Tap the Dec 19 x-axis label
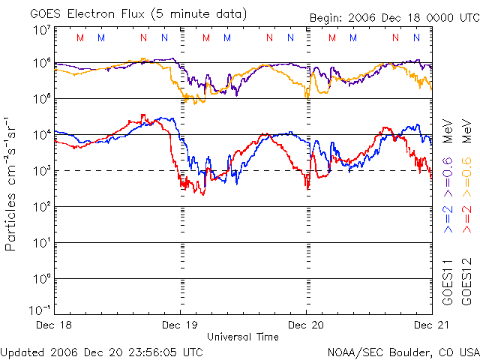tap(180, 325)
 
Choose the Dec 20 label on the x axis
tap(306, 325)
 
